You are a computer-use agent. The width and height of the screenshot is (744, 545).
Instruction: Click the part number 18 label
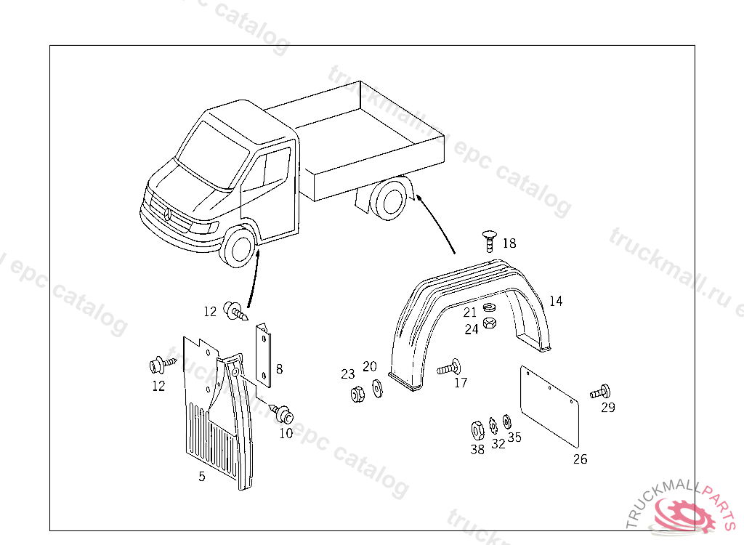(509, 243)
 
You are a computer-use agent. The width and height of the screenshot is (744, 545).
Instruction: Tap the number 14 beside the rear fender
(556, 301)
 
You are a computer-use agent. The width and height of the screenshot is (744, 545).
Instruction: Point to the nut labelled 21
(489, 307)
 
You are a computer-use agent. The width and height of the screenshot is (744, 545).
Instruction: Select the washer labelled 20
(376, 388)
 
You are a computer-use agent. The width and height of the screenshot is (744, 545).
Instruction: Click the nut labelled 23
(357, 395)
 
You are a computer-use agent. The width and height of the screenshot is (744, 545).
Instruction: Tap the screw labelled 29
(601, 391)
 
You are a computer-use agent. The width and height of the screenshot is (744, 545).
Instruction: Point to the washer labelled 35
(507, 421)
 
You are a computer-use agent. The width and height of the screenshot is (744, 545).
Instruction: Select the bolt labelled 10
(283, 413)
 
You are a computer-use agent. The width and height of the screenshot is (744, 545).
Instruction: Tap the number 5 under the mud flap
(202, 477)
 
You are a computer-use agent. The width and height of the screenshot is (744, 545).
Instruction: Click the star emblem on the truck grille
(166, 214)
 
